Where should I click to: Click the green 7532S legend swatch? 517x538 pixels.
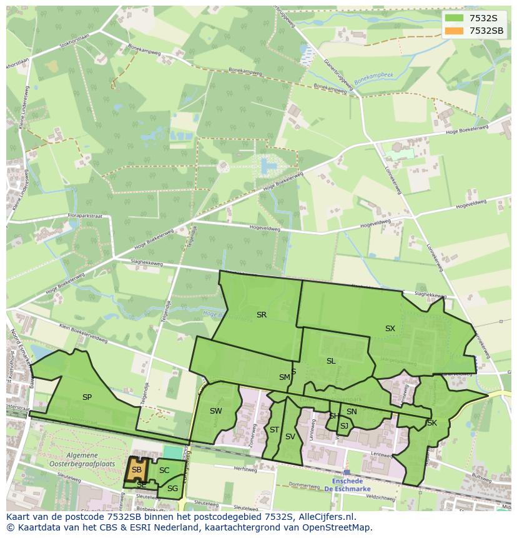coord(453,18)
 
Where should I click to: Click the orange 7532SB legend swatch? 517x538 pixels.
coord(453,31)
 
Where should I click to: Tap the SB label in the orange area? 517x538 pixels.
coord(136,470)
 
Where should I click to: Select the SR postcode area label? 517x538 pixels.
coord(262,315)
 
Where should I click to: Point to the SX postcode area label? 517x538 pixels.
coord(390,328)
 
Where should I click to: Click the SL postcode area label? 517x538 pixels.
coord(331,361)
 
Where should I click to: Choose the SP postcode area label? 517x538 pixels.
coord(87,397)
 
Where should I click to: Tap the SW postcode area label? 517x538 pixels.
coord(216,411)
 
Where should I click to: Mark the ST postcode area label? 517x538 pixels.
coord(274,429)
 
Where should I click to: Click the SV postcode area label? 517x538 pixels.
coord(290,437)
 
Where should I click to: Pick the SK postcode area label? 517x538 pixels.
coord(431,423)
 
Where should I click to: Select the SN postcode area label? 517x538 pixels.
coord(352,411)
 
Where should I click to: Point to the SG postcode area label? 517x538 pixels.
coord(172,488)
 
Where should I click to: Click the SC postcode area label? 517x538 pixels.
coord(164,470)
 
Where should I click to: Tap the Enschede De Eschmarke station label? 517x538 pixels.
coord(347,485)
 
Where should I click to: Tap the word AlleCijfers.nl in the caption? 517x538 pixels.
coord(325,517)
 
